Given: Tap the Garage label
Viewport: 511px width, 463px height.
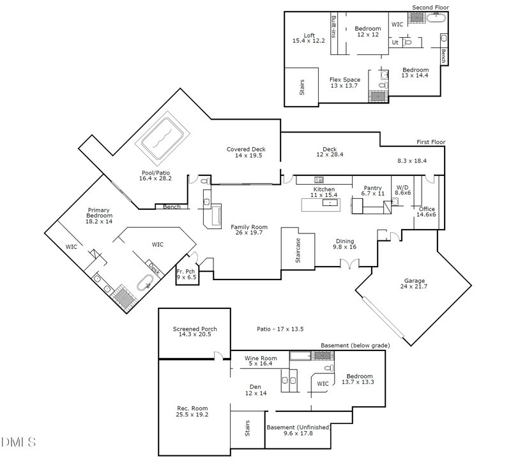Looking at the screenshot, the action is (x=414, y=281).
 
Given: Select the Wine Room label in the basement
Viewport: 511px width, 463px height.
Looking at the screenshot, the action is (x=261, y=358).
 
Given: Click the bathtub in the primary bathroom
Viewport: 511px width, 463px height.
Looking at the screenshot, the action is (x=145, y=282).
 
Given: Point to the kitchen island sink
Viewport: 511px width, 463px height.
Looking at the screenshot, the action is (x=330, y=203).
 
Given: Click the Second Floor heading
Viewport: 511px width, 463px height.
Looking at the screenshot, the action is (x=431, y=7).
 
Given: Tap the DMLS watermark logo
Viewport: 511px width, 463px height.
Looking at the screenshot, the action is (x=19, y=442).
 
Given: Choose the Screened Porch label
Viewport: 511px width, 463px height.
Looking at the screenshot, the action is (x=195, y=329).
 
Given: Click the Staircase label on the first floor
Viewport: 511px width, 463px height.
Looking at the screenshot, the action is (x=298, y=251).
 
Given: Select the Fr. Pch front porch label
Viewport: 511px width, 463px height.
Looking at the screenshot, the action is (x=186, y=271).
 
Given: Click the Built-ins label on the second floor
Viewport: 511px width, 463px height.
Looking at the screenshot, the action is (x=333, y=27).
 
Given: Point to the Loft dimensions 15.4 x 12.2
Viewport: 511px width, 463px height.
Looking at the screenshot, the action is (x=309, y=41).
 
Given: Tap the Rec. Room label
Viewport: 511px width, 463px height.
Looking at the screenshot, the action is (x=192, y=408).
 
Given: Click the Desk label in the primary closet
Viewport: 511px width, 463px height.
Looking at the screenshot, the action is (x=155, y=268).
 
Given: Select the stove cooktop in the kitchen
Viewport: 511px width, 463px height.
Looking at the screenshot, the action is (x=319, y=180).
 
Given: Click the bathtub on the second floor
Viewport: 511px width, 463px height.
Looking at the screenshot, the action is (x=436, y=18).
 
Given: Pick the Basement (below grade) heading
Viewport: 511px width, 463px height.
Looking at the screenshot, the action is (x=355, y=345).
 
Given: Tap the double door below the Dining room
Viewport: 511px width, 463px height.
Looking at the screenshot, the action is (x=349, y=263).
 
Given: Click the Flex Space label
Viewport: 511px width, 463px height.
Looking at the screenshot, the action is (x=345, y=79).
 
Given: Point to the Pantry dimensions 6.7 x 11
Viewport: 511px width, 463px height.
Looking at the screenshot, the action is (x=373, y=194).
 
